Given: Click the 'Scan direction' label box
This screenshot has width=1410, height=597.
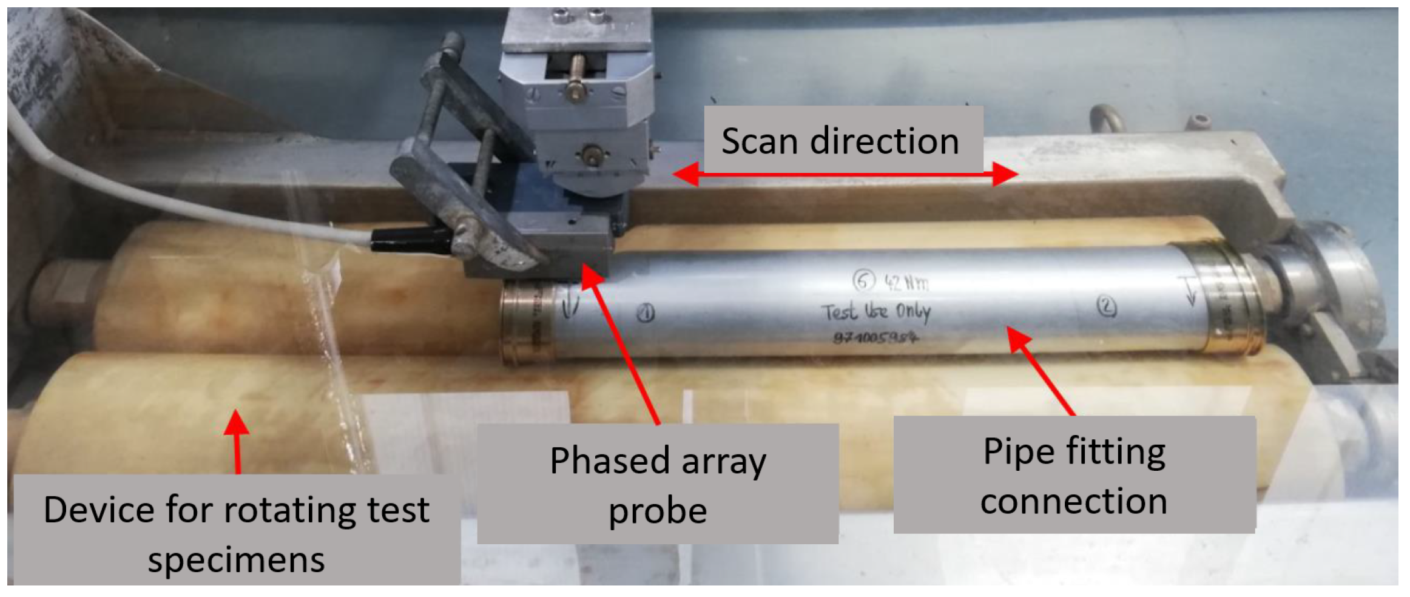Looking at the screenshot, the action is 842,140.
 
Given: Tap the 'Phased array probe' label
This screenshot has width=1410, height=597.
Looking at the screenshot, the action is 658,484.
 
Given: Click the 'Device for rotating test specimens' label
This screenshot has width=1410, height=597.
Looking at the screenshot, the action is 237,531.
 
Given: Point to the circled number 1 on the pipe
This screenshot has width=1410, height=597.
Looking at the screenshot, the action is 647,312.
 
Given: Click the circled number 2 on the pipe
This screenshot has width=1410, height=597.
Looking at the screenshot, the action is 1107,307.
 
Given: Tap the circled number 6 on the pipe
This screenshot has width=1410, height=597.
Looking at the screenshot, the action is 864,280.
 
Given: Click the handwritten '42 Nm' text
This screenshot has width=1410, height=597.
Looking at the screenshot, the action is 906,282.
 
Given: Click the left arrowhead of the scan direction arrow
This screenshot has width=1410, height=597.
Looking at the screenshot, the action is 686,175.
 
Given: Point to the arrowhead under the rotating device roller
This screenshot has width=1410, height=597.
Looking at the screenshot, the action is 236,422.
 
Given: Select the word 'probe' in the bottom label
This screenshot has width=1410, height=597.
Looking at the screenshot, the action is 658,511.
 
